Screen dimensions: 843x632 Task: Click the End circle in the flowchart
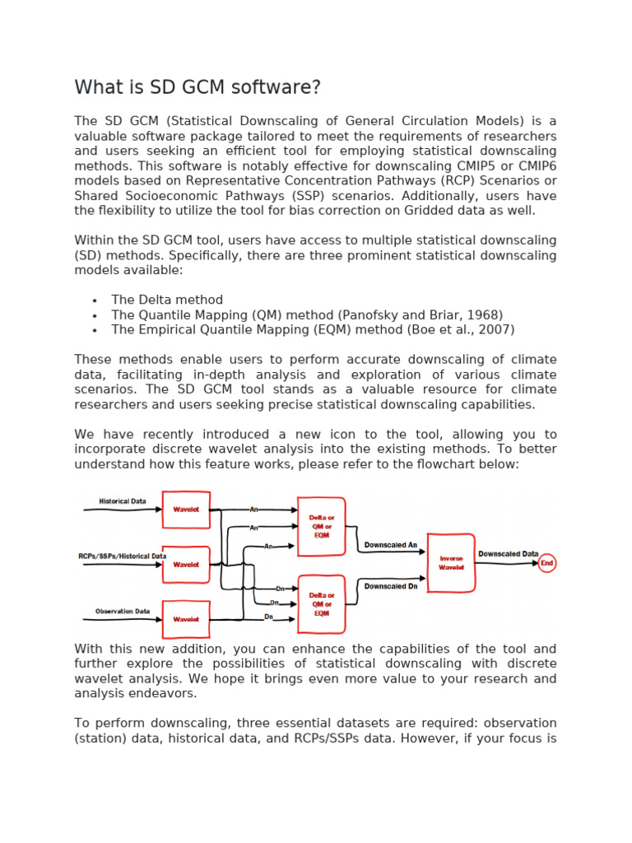pyautogui.click(x=547, y=563)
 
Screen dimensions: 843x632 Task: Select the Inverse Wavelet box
pyautogui.click(x=450, y=562)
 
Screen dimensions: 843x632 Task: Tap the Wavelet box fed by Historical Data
pyautogui.click(x=186, y=510)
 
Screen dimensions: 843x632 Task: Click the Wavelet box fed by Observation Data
pyautogui.click(x=186, y=619)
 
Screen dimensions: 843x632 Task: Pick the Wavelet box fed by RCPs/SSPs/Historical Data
pyautogui.click(x=186, y=565)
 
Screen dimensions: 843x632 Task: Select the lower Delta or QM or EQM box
pyautogui.click(x=321, y=604)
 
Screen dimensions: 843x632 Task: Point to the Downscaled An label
pyautogui.click(x=391, y=546)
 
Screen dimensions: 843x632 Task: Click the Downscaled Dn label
pyautogui.click(x=391, y=586)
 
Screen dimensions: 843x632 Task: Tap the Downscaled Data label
pyautogui.click(x=509, y=554)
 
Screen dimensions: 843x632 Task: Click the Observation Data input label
pyautogui.click(x=123, y=612)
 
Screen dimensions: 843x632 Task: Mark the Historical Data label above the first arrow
pyautogui.click(x=123, y=501)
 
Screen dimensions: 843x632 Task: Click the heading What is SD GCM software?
pyautogui.click(x=197, y=87)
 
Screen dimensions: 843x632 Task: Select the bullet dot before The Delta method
pyautogui.click(x=95, y=300)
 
